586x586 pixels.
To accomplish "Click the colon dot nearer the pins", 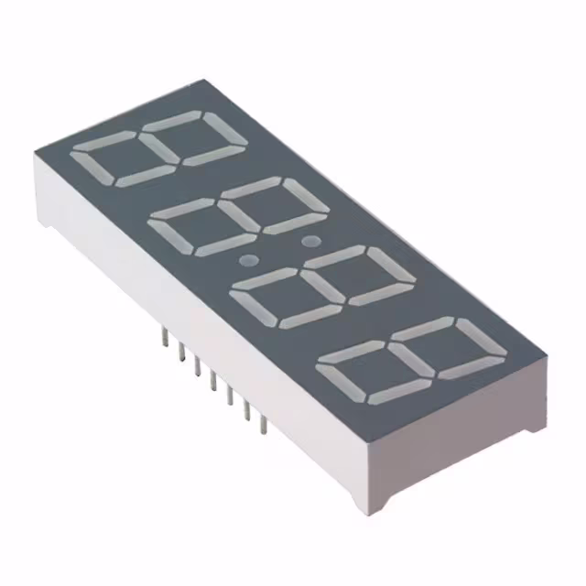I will [x=245, y=261].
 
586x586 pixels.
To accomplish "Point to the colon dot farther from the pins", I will [x=309, y=242].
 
